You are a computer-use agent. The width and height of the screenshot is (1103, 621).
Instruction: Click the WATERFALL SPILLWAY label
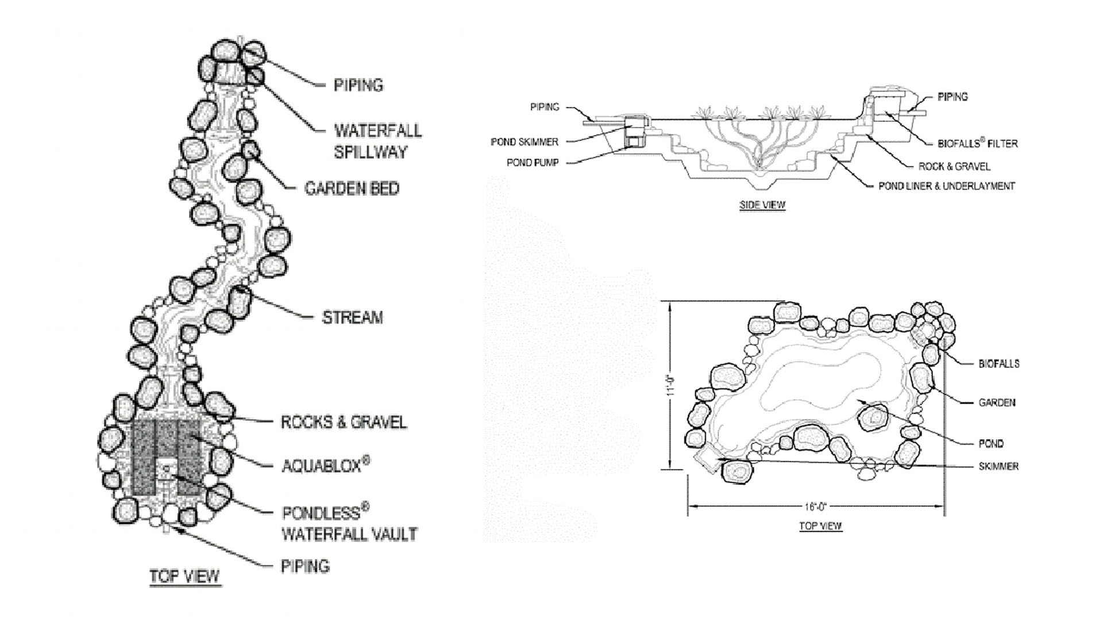tap(378, 141)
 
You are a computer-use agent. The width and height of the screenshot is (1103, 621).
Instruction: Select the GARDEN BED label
tap(352, 189)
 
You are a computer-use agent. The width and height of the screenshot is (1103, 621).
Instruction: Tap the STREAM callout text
tap(352, 317)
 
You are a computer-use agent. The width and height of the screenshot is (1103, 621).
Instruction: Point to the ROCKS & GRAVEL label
tap(344, 422)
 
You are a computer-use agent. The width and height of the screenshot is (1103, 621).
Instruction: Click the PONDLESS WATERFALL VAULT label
tap(349, 523)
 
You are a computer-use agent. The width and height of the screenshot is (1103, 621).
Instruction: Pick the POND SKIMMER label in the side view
tap(524, 142)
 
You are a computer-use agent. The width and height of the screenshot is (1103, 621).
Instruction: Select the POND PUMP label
tap(533, 163)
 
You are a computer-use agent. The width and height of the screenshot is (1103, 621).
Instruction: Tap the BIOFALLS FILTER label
tap(978, 143)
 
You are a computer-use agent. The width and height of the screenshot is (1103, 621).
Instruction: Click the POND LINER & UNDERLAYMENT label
tap(947, 186)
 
